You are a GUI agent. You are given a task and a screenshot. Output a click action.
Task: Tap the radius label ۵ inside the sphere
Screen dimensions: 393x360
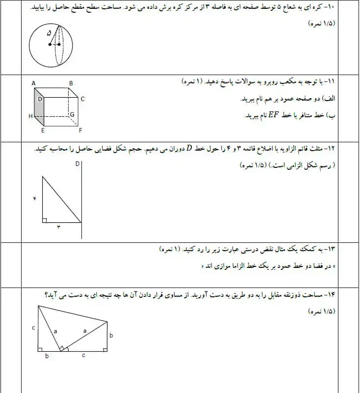click(x=49, y=33)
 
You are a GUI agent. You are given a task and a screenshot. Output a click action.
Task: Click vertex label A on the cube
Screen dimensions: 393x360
click(x=33, y=83)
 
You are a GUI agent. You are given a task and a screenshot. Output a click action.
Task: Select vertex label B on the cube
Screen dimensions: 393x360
click(x=71, y=83)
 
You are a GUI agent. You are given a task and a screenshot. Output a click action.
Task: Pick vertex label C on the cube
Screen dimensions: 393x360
click(x=83, y=99)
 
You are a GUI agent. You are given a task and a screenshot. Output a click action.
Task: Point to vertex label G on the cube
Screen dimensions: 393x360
click(x=72, y=115)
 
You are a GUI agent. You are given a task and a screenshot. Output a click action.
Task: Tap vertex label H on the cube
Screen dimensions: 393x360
click(x=30, y=116)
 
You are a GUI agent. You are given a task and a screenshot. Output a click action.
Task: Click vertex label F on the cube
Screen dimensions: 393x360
click(x=80, y=131)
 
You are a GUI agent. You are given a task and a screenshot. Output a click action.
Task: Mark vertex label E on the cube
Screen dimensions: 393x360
click(x=43, y=131)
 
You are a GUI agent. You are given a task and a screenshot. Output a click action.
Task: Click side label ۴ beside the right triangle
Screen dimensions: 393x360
click(x=35, y=198)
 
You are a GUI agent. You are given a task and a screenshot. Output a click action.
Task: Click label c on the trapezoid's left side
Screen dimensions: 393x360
click(x=32, y=327)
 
